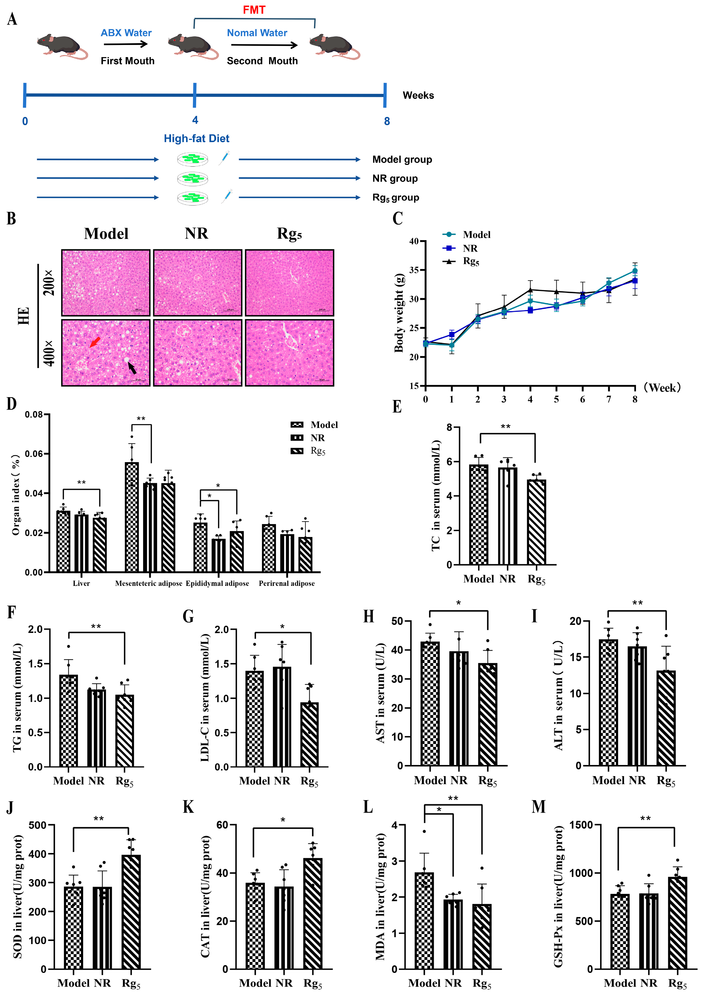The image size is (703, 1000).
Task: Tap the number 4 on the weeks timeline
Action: click(195, 120)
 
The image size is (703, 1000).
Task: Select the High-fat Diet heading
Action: click(196, 139)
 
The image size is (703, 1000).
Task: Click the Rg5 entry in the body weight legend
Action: click(471, 261)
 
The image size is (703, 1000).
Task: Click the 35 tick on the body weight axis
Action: click(414, 270)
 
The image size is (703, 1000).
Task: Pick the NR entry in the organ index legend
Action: click(317, 438)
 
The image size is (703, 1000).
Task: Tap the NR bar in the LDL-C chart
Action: click(282, 716)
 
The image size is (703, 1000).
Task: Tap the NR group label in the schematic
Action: click(395, 179)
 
